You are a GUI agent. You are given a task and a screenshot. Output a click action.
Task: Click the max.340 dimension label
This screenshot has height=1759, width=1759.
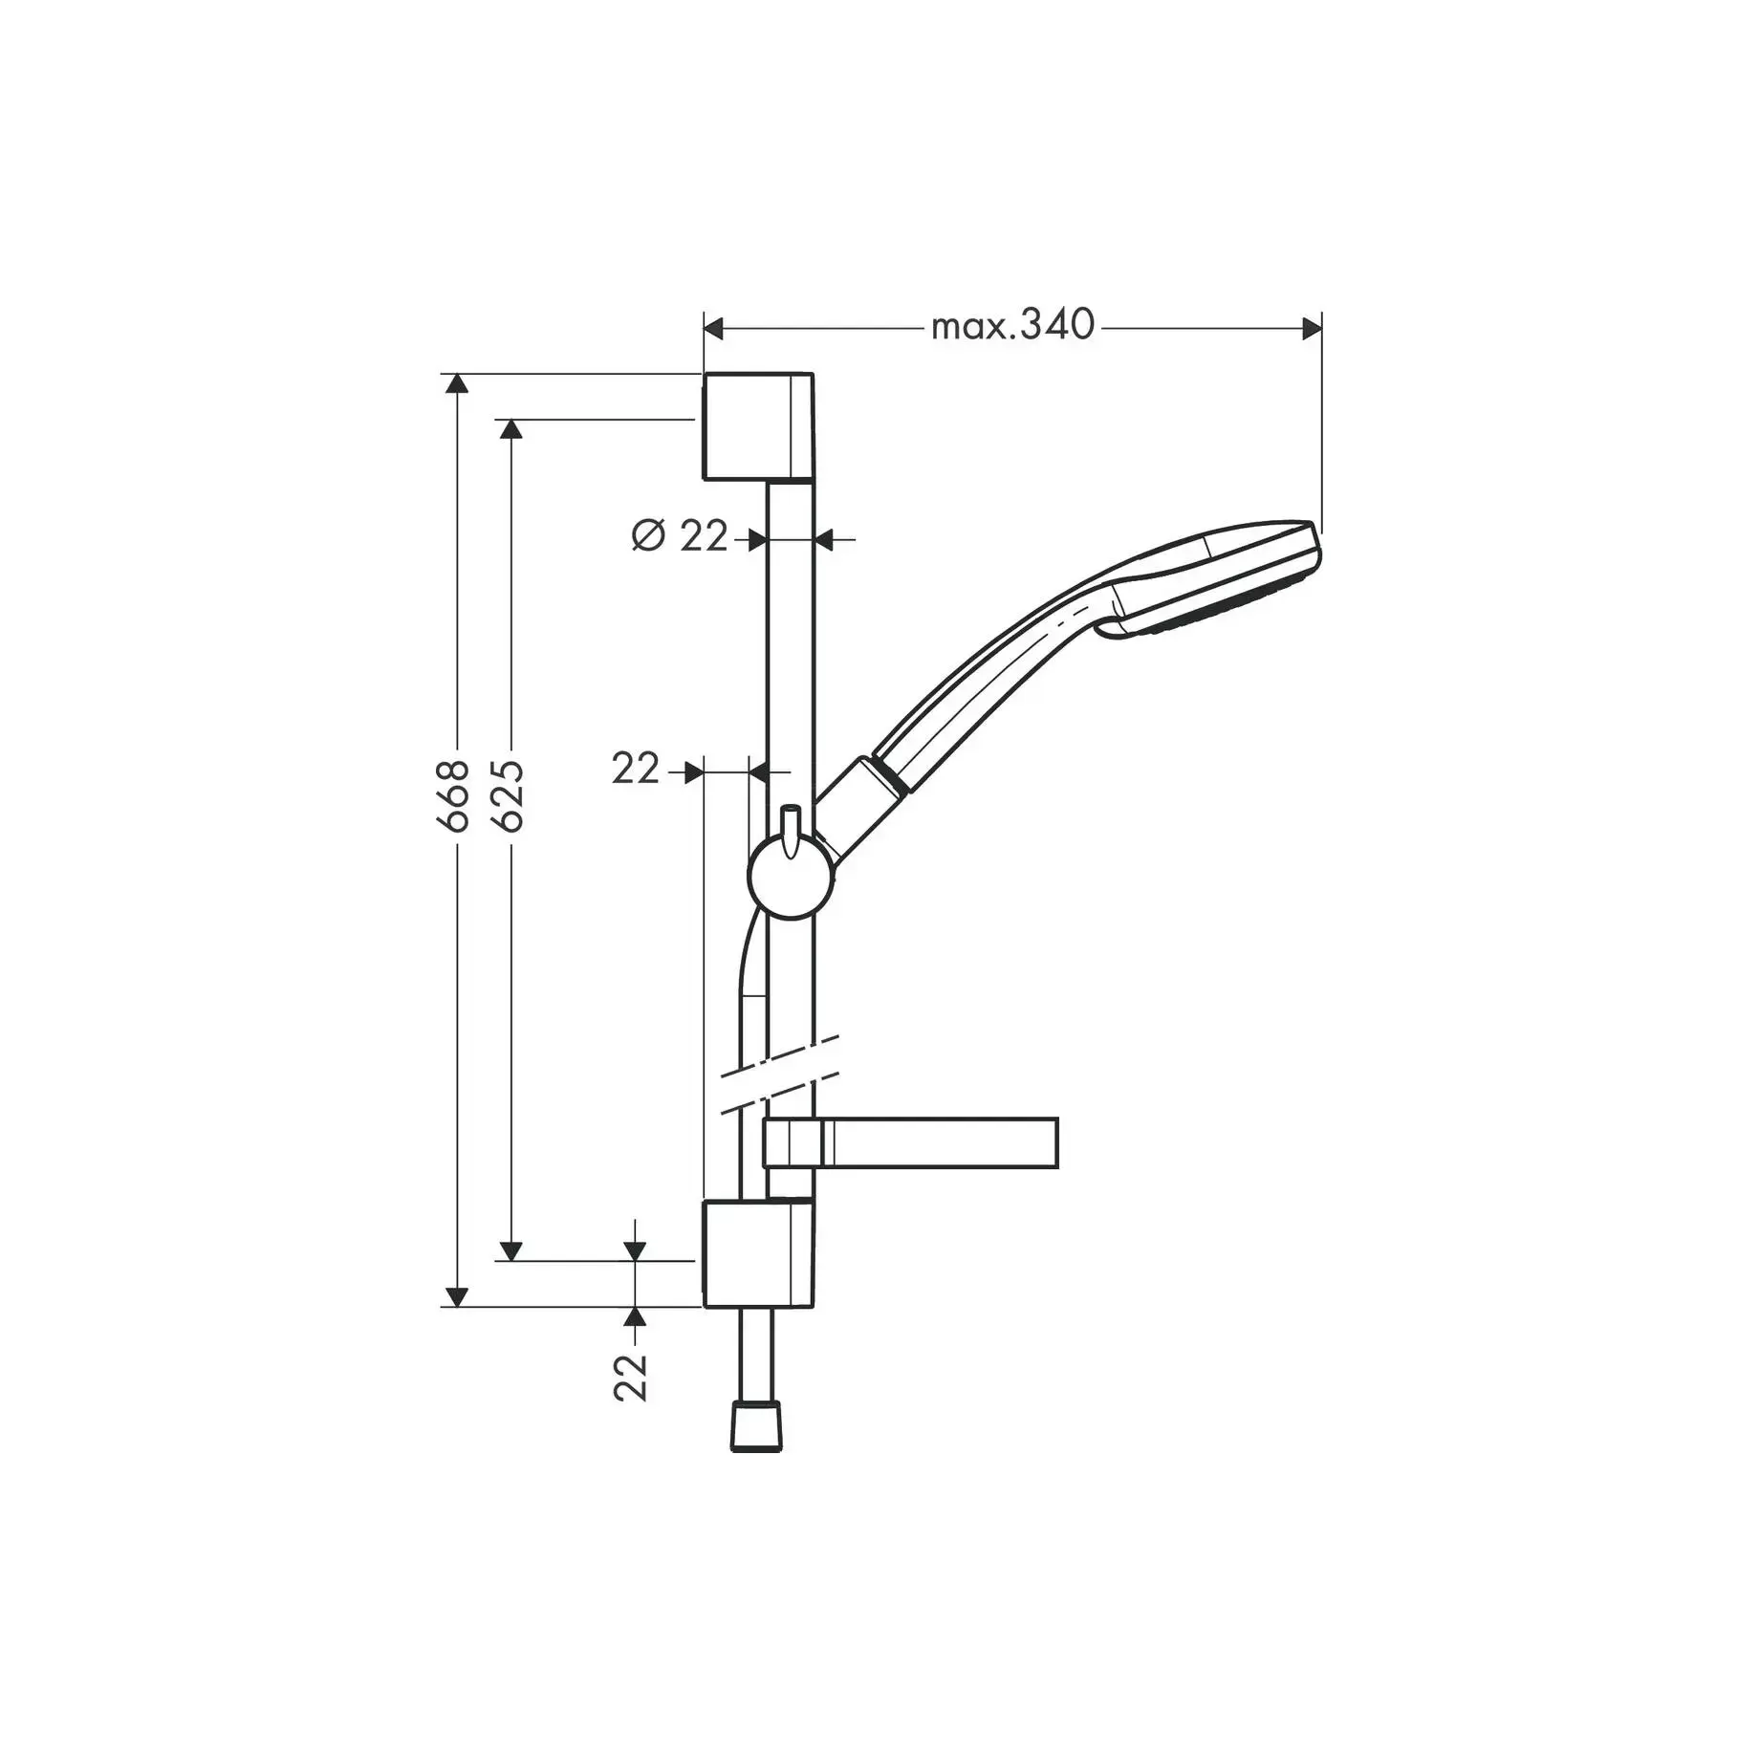(1012, 326)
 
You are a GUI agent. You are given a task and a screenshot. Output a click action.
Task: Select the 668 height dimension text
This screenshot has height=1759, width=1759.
(456, 795)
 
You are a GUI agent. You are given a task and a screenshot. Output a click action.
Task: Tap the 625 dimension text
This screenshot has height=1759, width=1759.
(510, 795)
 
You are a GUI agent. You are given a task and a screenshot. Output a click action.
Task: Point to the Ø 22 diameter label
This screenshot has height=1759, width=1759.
(680, 536)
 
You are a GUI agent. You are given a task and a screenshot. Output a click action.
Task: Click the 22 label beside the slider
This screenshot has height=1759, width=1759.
(636, 769)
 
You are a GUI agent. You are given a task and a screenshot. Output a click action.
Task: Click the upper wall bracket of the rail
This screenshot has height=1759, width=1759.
(759, 426)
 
